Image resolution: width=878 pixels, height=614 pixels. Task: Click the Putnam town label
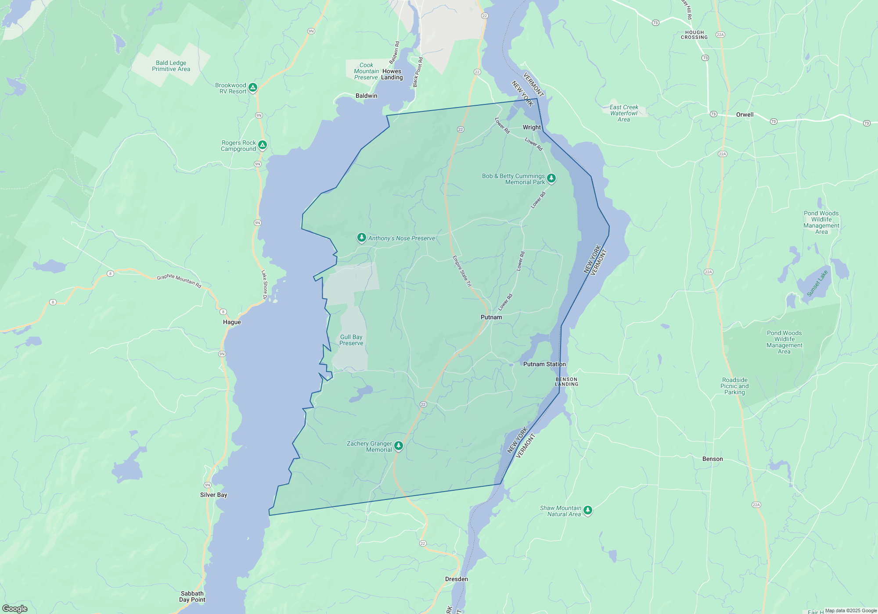point(491,317)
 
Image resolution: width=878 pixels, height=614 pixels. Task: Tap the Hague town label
point(232,322)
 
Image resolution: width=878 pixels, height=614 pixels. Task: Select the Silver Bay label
point(213,495)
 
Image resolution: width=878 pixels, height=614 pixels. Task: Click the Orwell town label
point(745,114)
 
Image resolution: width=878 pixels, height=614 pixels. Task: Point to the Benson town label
point(712,459)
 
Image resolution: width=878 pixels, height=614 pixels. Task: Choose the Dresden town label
point(456,579)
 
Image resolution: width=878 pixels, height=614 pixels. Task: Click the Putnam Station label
point(544,364)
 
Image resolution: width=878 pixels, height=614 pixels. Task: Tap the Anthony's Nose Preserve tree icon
point(361,237)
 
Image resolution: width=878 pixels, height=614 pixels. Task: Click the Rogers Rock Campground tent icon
point(263,145)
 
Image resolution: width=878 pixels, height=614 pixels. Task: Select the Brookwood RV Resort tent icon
point(253,87)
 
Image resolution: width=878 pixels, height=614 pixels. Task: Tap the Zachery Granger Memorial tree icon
point(399,446)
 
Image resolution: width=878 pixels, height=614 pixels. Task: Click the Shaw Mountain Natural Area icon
point(588,510)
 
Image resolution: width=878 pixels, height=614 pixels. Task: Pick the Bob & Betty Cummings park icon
point(551,178)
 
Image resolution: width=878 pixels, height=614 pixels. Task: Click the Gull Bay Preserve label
point(351,340)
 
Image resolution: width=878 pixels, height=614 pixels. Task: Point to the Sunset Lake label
point(817,283)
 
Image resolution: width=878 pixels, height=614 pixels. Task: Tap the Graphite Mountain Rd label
point(179,281)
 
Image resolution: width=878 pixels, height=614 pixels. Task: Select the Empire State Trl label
point(462,271)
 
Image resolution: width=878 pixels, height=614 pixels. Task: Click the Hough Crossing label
point(694,35)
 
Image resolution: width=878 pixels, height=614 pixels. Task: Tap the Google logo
point(15,609)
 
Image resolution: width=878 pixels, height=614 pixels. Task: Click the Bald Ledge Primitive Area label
point(171,66)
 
